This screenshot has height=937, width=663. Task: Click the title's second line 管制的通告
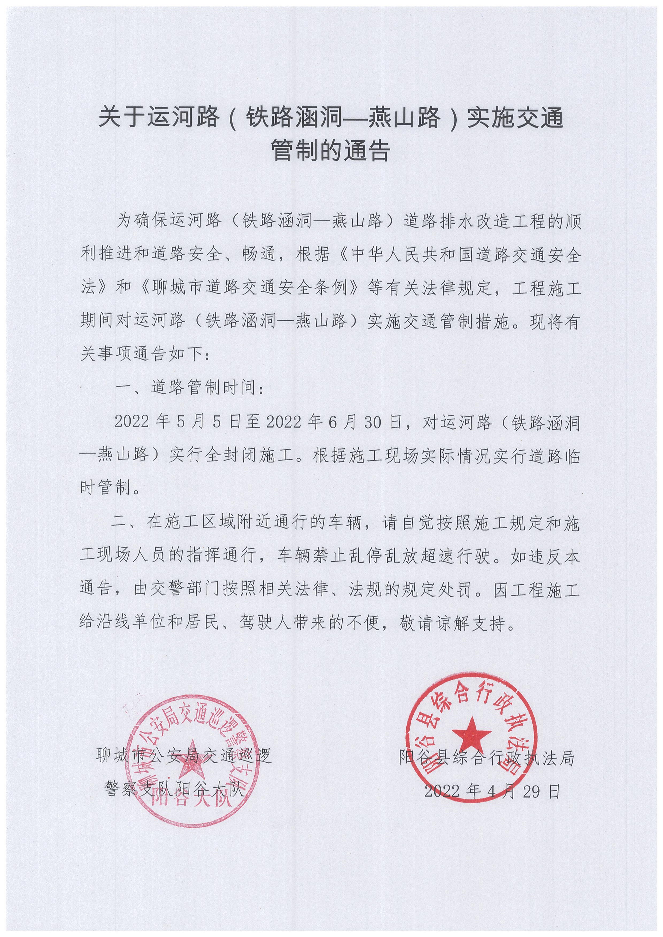click(x=331, y=151)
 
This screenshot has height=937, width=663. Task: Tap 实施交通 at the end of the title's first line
click(x=515, y=119)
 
